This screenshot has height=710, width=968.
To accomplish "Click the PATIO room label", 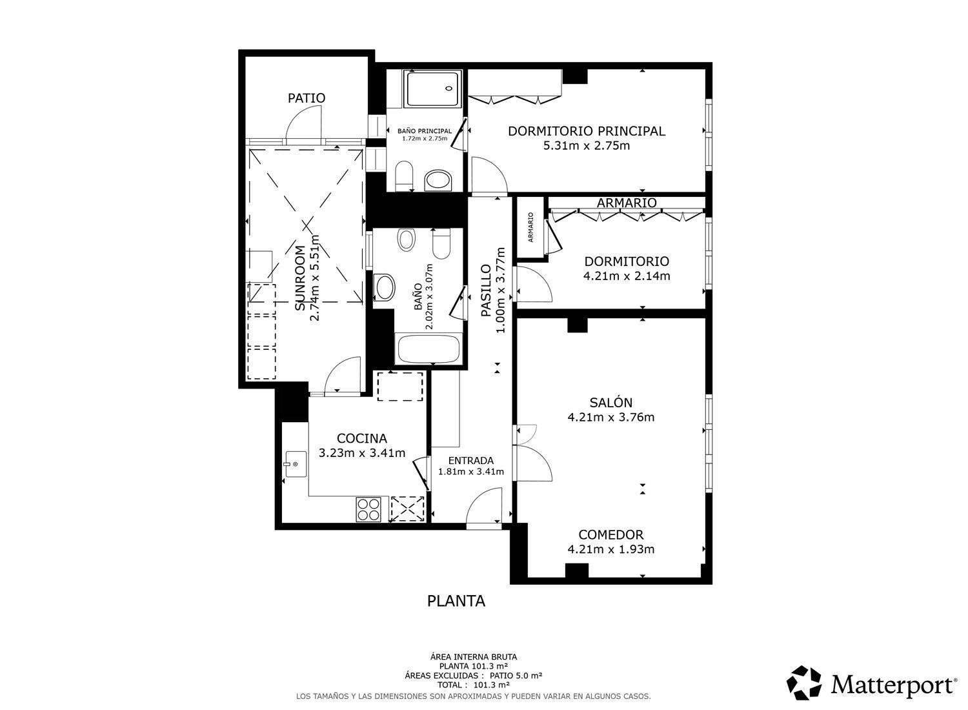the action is [307, 98].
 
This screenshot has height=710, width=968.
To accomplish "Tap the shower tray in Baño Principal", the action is [432, 88].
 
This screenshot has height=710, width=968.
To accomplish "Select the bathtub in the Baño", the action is [429, 349].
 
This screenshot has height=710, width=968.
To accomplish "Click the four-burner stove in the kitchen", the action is [368, 509].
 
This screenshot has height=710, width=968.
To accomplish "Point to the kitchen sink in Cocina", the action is [296, 464].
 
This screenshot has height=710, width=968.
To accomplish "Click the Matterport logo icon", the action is [804, 683].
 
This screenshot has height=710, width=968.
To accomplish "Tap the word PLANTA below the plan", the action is [456, 601].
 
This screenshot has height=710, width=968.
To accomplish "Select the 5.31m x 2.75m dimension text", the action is [587, 146].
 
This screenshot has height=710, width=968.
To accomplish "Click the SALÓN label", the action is [610, 402].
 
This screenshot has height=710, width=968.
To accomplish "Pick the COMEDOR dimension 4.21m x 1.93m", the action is [610, 549].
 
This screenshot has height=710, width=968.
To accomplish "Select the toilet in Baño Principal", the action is [404, 176].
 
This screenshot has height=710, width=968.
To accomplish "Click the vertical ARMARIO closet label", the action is [530, 227].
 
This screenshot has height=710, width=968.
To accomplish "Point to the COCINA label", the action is [361, 438].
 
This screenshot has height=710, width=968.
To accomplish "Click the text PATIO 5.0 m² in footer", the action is [516, 675].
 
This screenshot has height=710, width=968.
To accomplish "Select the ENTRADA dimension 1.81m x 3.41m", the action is [471, 472].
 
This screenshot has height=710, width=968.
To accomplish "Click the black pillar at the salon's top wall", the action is [578, 324].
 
